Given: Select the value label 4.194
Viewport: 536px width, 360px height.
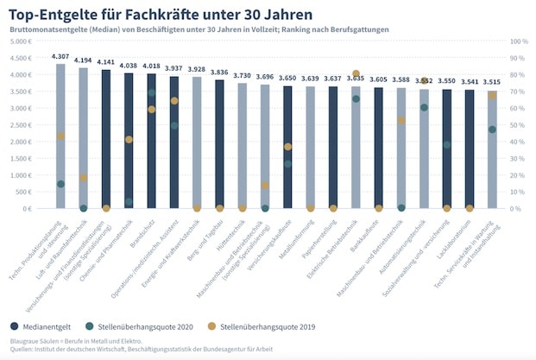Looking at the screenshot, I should [x=84, y=60].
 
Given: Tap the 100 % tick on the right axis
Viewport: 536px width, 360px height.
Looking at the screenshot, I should [x=520, y=41].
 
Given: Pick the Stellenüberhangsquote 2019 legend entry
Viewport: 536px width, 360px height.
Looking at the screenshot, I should [x=268, y=326].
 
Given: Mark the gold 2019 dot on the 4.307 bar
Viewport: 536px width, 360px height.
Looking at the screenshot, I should [x=60, y=136].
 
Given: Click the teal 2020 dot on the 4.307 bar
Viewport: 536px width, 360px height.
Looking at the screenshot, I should [x=60, y=184].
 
